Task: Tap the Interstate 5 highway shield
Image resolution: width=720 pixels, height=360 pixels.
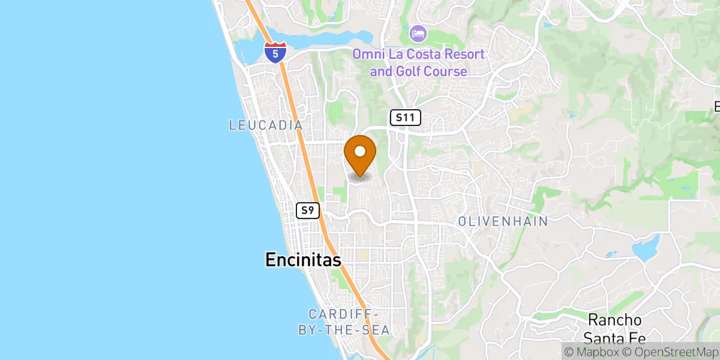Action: (275, 53)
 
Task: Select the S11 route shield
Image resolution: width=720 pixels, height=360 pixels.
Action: (406, 118)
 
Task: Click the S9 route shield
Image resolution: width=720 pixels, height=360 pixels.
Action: (308, 211)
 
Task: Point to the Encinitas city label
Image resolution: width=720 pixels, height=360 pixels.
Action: (303, 260)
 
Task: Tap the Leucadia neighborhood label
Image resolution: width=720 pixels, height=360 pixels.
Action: (265, 125)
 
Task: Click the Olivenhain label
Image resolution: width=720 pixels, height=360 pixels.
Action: (503, 221)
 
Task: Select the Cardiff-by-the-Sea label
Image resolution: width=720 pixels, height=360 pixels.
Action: (344, 322)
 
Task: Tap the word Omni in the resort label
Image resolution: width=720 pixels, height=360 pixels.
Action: (367, 55)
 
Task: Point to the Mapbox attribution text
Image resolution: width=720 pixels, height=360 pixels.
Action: (590, 351)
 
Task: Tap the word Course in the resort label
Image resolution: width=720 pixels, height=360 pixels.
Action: (445, 71)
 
